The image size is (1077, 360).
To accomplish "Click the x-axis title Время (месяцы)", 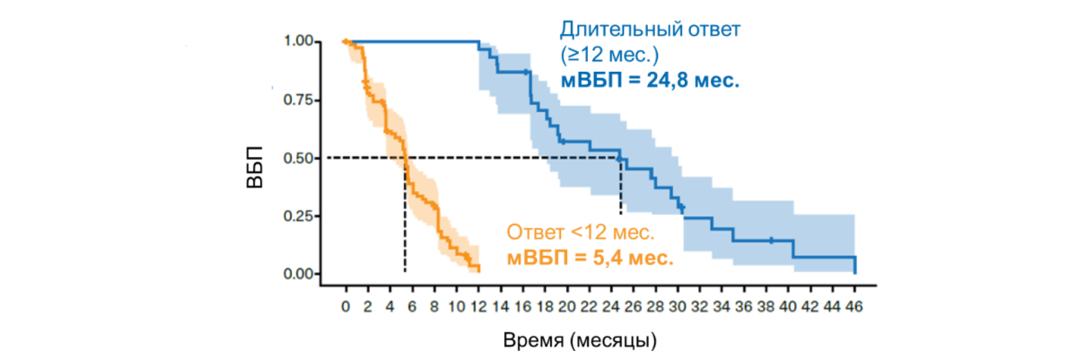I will [580, 340].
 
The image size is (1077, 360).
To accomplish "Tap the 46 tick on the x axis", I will [854, 307].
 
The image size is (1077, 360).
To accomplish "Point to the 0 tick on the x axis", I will [346, 307].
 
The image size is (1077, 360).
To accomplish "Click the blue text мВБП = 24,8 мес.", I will [651, 80].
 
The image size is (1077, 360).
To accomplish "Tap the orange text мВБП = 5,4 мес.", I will [590, 258].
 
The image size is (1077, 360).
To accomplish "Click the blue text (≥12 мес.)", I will [611, 55].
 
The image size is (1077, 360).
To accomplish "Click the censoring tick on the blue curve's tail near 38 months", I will [771, 240].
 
